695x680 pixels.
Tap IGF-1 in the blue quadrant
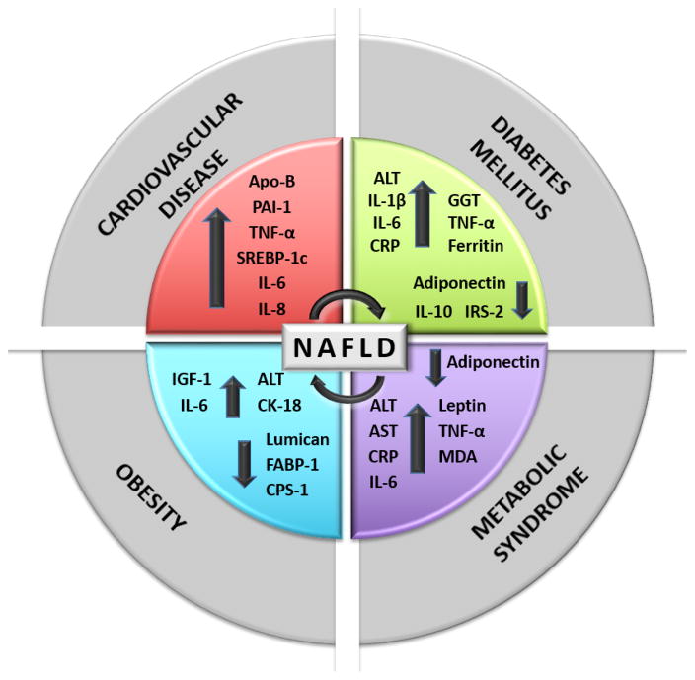pyautogui.click(x=191, y=380)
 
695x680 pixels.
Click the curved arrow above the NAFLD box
pyautogui.click(x=347, y=306)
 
